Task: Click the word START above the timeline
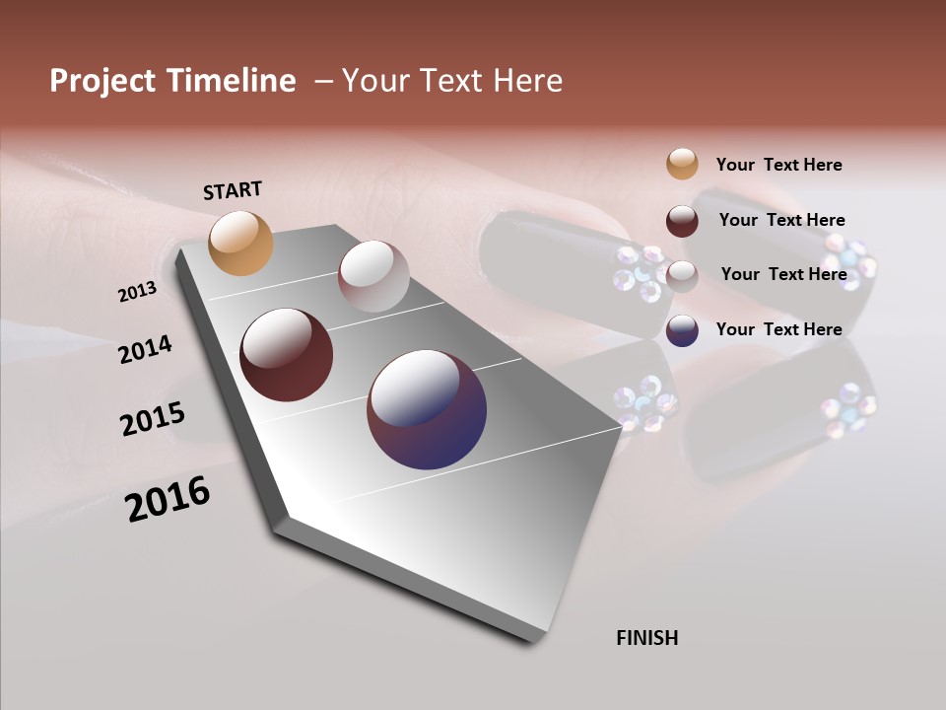pos(233,190)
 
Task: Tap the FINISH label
pos(647,638)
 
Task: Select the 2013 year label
pos(138,291)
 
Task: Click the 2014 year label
pos(146,349)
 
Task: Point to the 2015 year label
pos(153,419)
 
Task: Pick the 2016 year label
pos(168,499)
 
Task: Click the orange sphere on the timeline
pos(241,243)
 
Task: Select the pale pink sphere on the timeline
pos(373,276)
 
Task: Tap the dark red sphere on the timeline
pos(287,355)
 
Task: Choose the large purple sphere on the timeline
pos(427,409)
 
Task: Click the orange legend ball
pos(682,165)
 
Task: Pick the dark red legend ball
pos(682,221)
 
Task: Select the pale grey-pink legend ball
pos(682,275)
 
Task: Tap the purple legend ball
pos(682,330)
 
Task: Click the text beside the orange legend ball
pos(778,165)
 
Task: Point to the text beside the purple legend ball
pos(778,329)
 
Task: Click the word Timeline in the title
pos(232,81)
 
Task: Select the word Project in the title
pos(102,81)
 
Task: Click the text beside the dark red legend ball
pos(781,220)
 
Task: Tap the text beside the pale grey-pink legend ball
pos(783,274)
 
